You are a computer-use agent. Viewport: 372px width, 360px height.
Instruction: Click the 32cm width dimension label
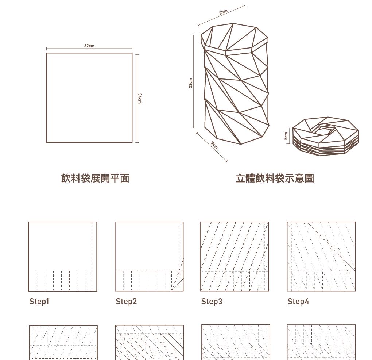[x=89, y=46]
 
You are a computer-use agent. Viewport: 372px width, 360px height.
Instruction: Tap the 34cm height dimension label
[x=140, y=98]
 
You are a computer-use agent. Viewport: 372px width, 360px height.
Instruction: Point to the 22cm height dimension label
[x=190, y=83]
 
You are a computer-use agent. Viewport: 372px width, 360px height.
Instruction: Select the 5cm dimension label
[x=286, y=136]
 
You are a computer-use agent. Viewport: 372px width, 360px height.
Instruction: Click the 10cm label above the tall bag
[x=223, y=12]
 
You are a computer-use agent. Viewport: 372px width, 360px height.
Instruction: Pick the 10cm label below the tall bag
[x=214, y=145]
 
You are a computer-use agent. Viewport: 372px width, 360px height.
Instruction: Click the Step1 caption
[x=39, y=301]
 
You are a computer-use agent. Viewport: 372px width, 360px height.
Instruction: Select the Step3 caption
[x=212, y=301]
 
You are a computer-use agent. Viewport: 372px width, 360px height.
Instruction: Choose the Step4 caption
[x=298, y=301]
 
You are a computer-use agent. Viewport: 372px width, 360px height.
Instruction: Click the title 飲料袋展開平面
[x=95, y=178]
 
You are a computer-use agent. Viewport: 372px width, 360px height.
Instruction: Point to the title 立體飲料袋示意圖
[x=275, y=178]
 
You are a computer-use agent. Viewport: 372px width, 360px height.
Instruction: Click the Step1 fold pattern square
[x=63, y=256]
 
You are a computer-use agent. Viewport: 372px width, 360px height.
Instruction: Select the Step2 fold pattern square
[x=149, y=256]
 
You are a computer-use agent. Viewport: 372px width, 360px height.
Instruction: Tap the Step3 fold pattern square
[x=235, y=256]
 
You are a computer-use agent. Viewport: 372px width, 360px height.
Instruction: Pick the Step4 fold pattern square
[x=321, y=256]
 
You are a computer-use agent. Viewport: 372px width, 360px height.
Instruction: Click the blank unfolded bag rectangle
[x=89, y=97]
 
